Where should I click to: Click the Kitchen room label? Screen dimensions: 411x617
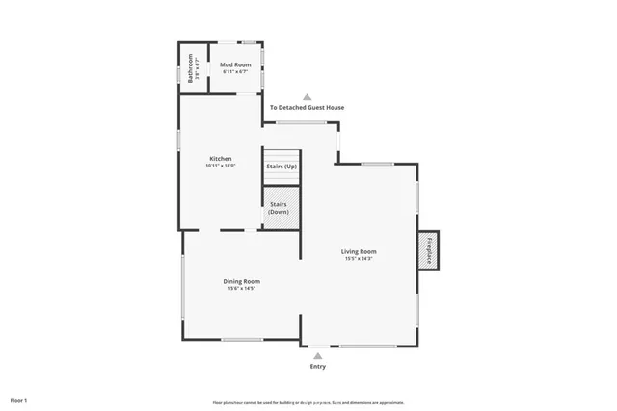point(221,158)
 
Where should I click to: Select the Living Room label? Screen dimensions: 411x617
point(359,251)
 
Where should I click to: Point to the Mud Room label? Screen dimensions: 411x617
point(236,66)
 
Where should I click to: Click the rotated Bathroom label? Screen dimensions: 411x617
point(190,67)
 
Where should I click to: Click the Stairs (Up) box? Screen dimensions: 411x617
point(282,167)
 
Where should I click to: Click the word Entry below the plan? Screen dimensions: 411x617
point(318,367)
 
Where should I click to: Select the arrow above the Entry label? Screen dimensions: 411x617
point(318,355)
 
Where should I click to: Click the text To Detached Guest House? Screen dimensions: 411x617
point(307,108)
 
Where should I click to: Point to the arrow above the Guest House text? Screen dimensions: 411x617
point(307,96)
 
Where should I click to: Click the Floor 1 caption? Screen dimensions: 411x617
point(19,399)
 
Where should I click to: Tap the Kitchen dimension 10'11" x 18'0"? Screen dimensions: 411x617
point(221,166)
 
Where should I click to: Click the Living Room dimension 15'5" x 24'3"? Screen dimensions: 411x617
point(359,259)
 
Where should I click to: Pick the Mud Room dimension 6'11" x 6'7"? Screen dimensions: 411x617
point(236,73)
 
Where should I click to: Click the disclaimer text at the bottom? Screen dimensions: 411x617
point(308,402)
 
